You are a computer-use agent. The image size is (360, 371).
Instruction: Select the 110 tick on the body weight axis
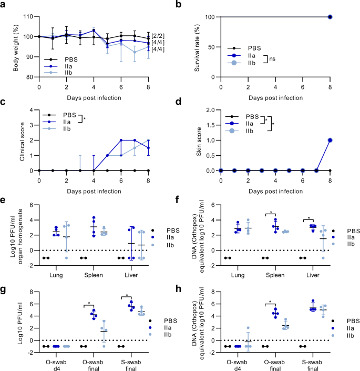point(28,17)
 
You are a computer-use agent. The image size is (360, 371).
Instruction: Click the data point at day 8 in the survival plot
point(330,17)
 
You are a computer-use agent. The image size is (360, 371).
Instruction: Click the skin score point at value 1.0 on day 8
point(330,141)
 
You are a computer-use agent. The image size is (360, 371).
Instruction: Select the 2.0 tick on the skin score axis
point(211,111)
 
